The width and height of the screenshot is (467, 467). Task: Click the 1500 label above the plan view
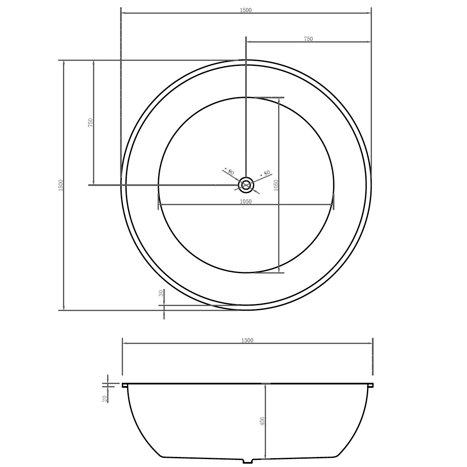point(246,10)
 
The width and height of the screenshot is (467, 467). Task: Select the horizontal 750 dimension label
point(308,39)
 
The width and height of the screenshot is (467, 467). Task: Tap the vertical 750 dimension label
point(90,123)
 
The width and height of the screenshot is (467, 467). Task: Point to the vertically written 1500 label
point(61,185)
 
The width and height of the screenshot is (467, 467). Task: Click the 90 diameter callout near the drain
point(230,171)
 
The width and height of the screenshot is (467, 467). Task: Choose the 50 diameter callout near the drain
point(265,173)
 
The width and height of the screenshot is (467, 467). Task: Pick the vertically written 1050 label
point(276,185)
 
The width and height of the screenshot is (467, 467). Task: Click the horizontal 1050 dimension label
point(246,202)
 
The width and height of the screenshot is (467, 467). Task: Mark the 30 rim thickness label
point(161,293)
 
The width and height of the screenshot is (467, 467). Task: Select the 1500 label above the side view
point(248,340)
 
